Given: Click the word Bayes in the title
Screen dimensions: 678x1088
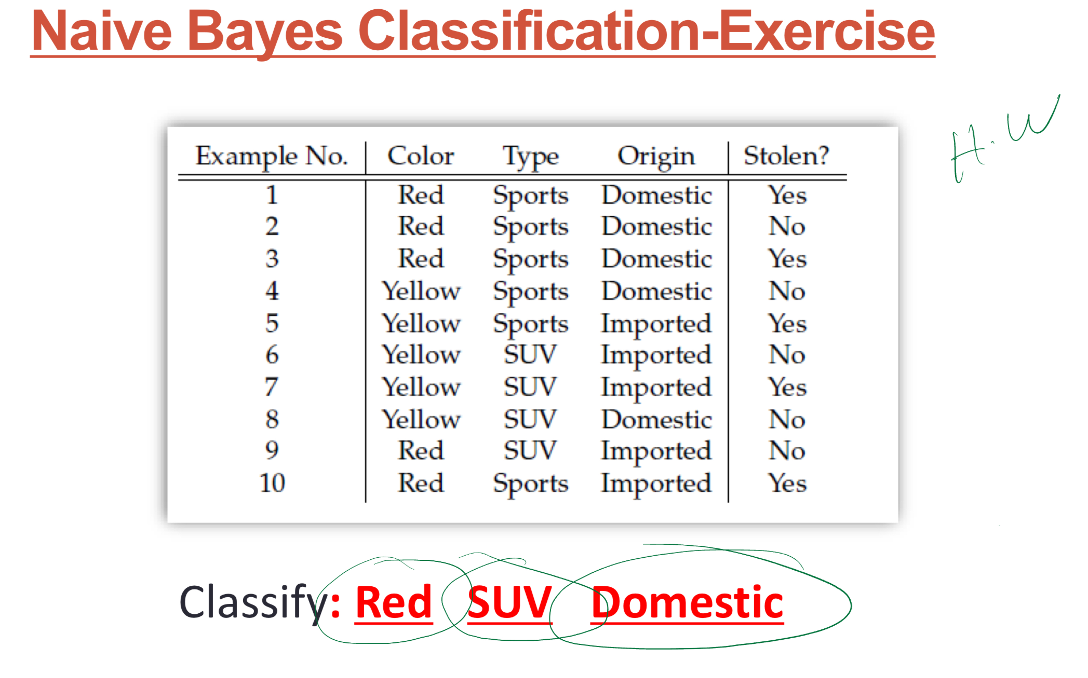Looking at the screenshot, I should tap(265, 31).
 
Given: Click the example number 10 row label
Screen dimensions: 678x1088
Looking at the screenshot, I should tap(272, 483).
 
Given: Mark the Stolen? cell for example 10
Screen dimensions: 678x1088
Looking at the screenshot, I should tap(787, 483).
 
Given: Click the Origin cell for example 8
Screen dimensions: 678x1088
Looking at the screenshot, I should tap(656, 419).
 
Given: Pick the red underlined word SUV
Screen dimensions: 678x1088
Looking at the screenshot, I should tap(510, 602).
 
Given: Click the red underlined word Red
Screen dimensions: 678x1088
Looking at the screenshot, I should tap(393, 602).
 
